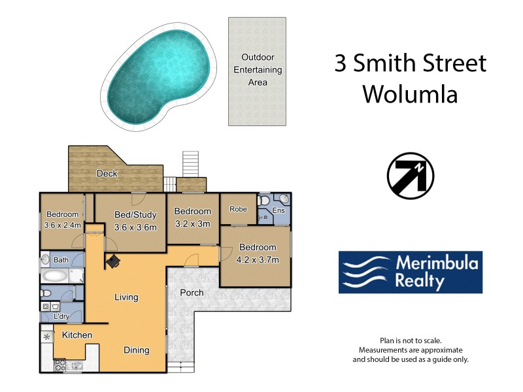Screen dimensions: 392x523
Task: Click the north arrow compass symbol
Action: click(411, 176)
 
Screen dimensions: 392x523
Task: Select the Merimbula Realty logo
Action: click(410, 272)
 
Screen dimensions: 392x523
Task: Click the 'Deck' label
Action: click(107, 174)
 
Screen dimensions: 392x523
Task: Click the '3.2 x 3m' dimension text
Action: click(192, 223)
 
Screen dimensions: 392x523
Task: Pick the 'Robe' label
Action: click(237, 210)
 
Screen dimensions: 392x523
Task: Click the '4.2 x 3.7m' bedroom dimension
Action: click(258, 259)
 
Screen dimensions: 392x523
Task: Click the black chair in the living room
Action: click(114, 261)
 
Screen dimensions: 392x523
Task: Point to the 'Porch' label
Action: click(192, 293)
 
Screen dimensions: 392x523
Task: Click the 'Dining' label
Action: click(137, 350)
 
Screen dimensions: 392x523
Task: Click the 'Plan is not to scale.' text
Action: click(411, 341)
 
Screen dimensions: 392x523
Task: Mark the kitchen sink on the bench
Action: click(77, 365)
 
